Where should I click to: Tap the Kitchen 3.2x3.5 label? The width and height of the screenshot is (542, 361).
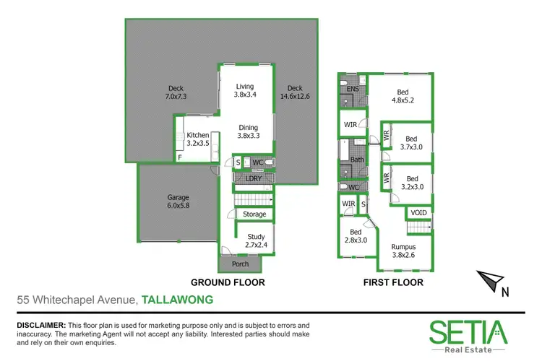click(197, 139)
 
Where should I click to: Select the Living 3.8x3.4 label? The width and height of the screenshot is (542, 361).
click(246, 90)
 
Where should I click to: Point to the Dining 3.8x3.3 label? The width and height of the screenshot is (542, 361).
click(249, 131)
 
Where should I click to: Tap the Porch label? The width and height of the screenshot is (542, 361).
click(240, 264)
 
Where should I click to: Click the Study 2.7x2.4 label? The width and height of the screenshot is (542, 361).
click(256, 241)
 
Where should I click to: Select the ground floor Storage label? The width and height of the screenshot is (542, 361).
click(254, 214)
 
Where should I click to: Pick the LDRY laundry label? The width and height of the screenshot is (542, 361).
click(254, 178)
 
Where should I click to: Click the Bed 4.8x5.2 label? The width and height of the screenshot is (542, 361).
click(402, 97)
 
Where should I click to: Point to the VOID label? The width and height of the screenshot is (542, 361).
click(418, 212)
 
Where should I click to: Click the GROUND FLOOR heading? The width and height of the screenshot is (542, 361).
click(227, 282)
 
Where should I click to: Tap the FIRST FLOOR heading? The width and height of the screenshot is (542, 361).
click(393, 282)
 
